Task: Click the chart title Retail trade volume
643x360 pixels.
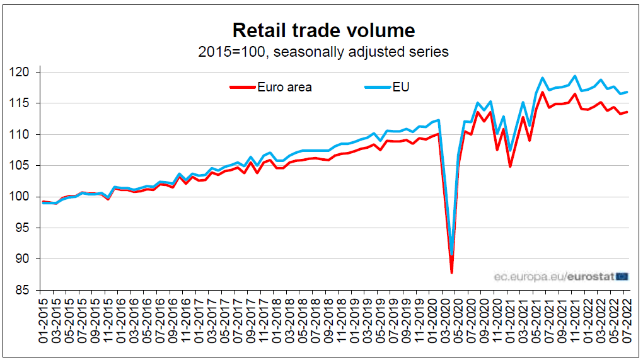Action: [324, 30]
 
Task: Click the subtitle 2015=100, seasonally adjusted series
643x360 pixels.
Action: [324, 52]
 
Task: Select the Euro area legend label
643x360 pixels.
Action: [284, 87]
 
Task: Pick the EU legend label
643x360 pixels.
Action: [401, 87]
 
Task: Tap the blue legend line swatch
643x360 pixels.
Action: [376, 87]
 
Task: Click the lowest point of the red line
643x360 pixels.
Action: [451, 272]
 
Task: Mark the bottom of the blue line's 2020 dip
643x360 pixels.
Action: [452, 253]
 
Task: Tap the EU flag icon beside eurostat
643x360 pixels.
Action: [622, 276]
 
